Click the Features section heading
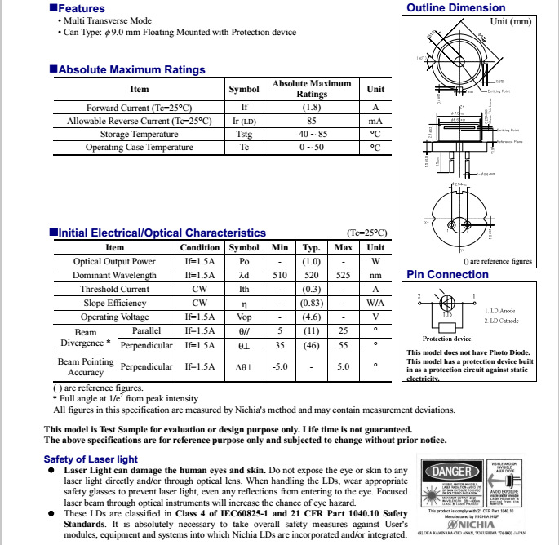point(81,8)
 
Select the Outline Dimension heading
point(456,8)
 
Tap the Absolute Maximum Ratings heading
point(131,70)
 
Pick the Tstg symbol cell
point(244,134)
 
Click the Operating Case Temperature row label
point(140,148)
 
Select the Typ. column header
point(312,248)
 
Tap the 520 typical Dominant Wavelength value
point(312,276)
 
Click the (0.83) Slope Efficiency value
point(312,304)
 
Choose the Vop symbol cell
point(244,317)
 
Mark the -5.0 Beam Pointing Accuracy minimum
point(280,367)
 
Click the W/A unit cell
point(375,304)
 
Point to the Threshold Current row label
point(114,290)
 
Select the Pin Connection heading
point(447,275)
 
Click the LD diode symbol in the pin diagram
point(447,312)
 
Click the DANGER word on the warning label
point(451,472)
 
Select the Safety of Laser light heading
point(91,459)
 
